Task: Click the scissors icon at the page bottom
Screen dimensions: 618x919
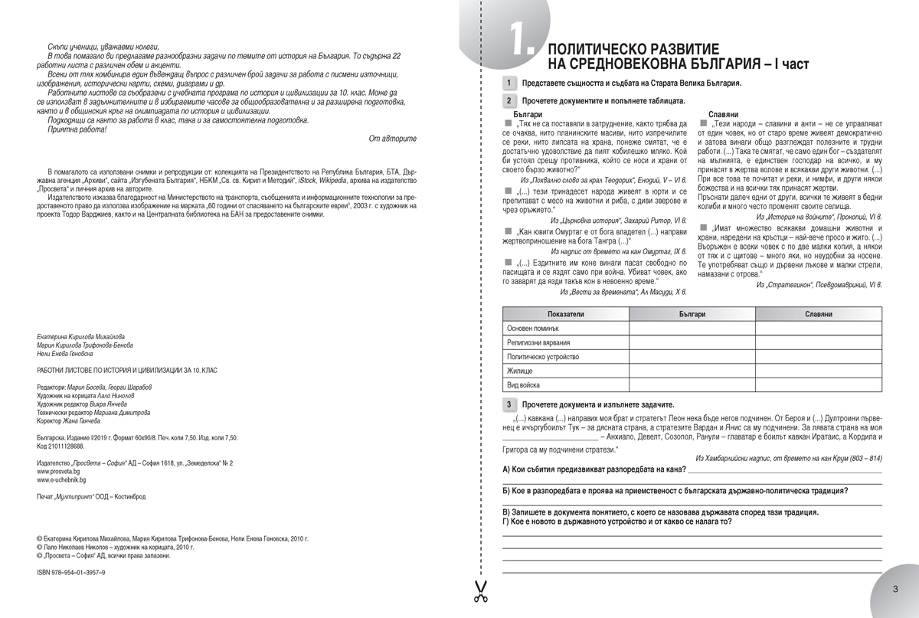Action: click(x=480, y=592)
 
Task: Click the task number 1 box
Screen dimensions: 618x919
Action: click(x=508, y=83)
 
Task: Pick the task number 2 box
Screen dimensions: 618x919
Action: click(x=508, y=100)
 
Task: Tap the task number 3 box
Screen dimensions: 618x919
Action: click(x=508, y=404)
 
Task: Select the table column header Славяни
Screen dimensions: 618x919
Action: click(x=819, y=315)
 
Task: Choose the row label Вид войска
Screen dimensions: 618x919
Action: click(x=524, y=384)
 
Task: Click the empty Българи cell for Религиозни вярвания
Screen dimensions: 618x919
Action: click(x=692, y=342)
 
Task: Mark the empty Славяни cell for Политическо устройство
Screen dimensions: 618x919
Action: click(x=819, y=356)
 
